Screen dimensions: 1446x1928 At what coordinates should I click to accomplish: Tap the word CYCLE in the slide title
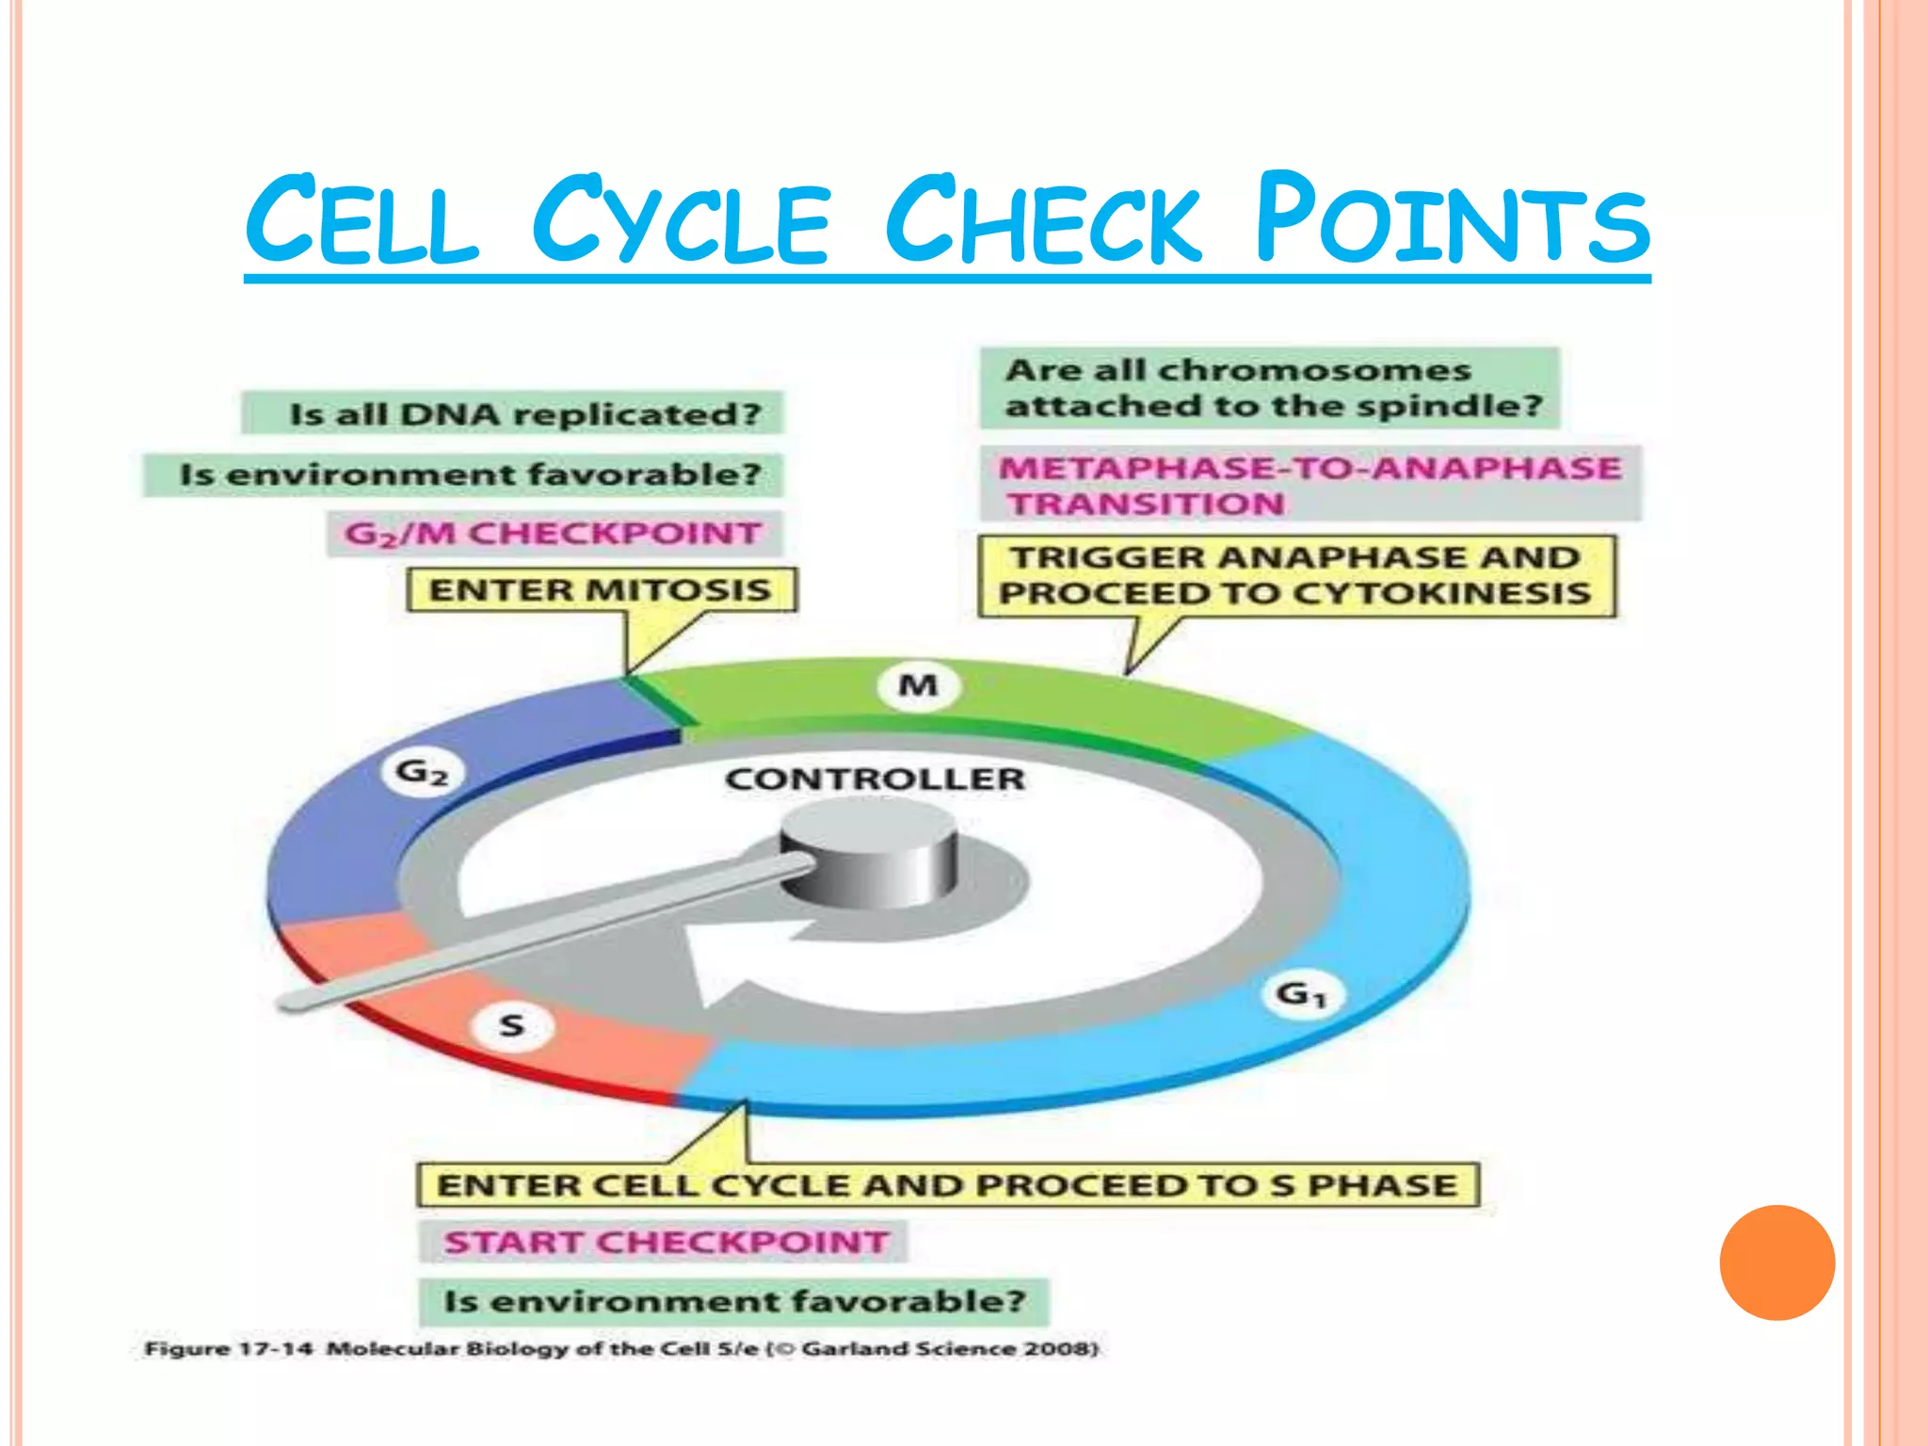(x=680, y=220)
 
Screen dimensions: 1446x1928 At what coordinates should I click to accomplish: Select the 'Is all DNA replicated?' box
(x=512, y=413)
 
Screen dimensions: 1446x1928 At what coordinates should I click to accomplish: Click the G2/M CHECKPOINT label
(x=554, y=534)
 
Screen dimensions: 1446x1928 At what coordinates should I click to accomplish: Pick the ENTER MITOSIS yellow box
(x=601, y=590)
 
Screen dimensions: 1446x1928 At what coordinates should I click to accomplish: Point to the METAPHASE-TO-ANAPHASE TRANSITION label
(x=1309, y=485)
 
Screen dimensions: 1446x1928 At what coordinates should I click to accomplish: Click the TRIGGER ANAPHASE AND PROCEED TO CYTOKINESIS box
(x=1295, y=575)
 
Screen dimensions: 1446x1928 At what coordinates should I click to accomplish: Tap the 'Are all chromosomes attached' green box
(x=1269, y=388)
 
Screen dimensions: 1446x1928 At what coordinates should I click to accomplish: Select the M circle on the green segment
(x=918, y=685)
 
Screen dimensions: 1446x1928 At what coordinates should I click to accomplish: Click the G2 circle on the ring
(x=421, y=773)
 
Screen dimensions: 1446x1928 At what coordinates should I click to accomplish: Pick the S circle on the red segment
(x=511, y=1024)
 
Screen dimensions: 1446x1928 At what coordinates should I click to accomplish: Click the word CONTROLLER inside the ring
(x=875, y=779)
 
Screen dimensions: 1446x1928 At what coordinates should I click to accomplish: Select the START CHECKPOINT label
(x=665, y=1242)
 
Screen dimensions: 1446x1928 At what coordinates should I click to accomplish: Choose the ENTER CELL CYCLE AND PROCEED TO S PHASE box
(x=947, y=1185)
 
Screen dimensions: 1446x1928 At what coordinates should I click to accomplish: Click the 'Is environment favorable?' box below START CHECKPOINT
(x=733, y=1301)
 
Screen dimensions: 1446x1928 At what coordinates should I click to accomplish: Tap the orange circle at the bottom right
(x=1776, y=1262)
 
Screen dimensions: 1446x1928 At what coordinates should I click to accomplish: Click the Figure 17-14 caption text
(x=620, y=1348)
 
